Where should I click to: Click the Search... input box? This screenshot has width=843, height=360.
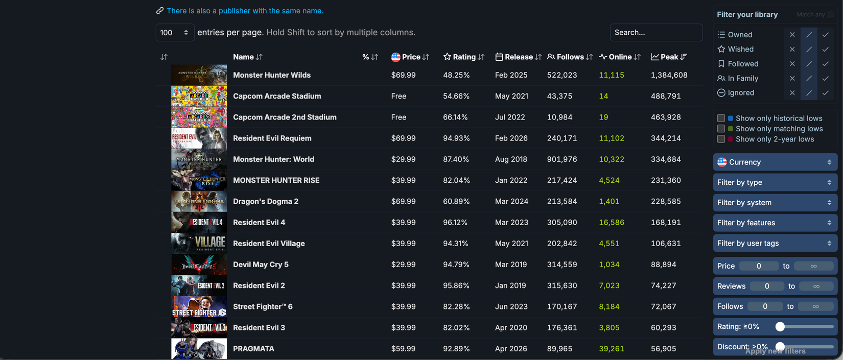point(655,32)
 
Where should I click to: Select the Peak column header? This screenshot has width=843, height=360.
point(669,57)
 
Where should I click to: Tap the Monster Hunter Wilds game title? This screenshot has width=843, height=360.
point(272,75)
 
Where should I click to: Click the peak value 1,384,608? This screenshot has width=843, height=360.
point(669,75)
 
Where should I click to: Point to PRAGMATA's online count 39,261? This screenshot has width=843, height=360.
point(611,349)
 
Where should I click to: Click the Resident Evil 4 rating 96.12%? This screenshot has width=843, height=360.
point(456,223)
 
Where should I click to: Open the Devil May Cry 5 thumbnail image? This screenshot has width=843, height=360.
point(199,265)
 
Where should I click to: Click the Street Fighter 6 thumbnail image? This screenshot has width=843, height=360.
point(199,307)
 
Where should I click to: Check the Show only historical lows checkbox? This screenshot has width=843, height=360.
point(721,118)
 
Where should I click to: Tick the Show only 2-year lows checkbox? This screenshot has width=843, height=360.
point(721,139)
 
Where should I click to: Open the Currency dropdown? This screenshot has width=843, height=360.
point(775,162)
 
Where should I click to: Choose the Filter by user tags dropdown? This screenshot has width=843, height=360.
point(775,243)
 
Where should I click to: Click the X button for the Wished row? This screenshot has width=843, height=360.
point(792,50)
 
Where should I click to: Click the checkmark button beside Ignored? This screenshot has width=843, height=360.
point(825,93)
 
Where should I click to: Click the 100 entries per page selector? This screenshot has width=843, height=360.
point(174,33)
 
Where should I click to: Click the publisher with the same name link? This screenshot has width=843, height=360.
point(245,11)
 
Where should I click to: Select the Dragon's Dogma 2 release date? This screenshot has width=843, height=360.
point(511,202)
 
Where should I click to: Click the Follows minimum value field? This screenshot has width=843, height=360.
point(765,306)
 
